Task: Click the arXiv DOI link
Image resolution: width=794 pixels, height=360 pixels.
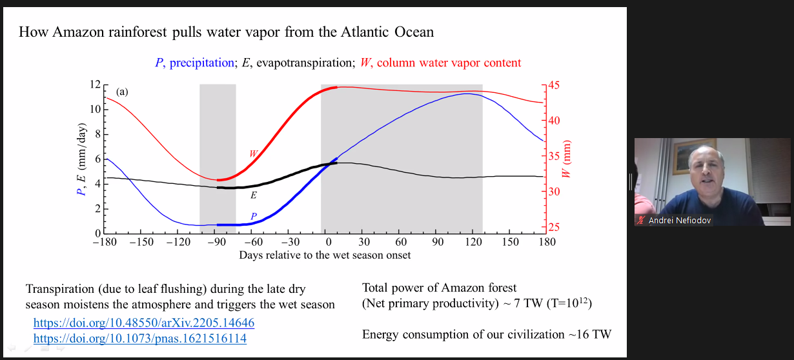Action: pos(143,323)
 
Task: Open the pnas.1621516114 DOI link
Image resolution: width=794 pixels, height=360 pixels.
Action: pos(140,338)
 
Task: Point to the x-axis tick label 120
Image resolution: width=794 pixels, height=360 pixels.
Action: pos(474,242)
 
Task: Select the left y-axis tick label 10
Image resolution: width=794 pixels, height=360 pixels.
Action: pos(95,109)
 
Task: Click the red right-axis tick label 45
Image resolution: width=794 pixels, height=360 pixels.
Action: pos(554,85)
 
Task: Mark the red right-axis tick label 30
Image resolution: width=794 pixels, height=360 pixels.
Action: pos(554,192)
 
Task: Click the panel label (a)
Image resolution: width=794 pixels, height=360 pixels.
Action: pos(122,92)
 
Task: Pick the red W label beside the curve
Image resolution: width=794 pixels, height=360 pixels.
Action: pos(253,154)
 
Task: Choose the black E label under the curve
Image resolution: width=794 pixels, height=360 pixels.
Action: pos(254,195)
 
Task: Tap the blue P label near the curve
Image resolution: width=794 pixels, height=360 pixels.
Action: pos(254,216)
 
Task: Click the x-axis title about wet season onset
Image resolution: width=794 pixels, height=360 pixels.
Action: pos(325,255)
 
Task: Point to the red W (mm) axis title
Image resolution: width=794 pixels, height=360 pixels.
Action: pos(566,159)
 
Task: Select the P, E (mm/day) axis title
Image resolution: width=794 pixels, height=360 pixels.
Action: pos(81,159)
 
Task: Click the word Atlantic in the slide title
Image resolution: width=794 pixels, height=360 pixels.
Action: pos(365,32)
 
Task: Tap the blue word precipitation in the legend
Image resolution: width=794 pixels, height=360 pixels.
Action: pos(201,63)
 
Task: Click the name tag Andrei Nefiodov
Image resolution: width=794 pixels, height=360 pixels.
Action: pos(680,221)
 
